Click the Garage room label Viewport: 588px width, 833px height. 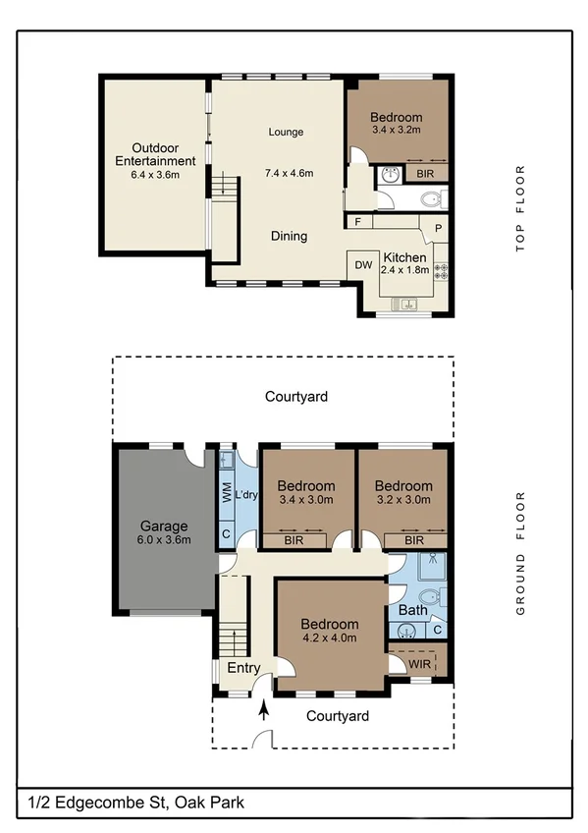click(163, 525)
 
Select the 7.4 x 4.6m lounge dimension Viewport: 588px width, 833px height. click(289, 174)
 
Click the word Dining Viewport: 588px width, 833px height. click(289, 236)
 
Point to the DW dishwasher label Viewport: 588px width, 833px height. click(362, 264)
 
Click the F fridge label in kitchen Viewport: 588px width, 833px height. click(359, 222)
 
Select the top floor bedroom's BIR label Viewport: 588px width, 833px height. click(426, 174)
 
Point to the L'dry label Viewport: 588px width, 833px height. click(245, 494)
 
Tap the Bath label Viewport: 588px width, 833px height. click(412, 610)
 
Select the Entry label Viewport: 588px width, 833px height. click(243, 668)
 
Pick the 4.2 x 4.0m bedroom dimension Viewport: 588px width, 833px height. click(329, 638)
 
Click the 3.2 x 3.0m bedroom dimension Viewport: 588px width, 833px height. click(402, 500)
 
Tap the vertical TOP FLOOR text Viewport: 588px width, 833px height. click(521, 209)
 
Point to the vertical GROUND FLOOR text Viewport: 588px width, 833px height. click(521, 554)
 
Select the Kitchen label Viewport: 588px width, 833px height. click(404, 257)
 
